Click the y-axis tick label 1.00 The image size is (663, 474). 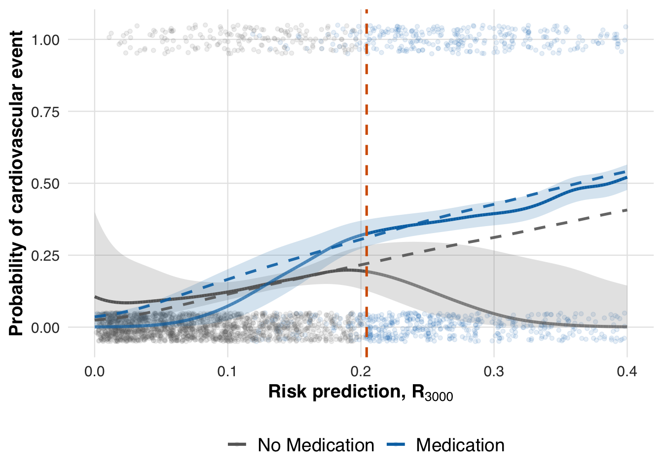point(45,40)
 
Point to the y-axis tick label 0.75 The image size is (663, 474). point(45,112)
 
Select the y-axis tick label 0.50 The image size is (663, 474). point(45,184)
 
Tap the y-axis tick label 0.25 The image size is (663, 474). point(45,256)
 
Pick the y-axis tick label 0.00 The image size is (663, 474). point(45,327)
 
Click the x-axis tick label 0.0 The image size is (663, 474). point(94,371)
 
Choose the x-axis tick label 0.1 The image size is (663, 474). point(227,371)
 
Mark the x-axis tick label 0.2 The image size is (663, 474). point(361,371)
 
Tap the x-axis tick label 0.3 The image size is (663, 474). point(494,371)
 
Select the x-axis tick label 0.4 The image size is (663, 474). point(627,371)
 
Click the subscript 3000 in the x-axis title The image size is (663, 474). point(438,396)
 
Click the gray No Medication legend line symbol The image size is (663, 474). point(237,445)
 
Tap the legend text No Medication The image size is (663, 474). point(316,445)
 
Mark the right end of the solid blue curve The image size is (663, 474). point(626,177)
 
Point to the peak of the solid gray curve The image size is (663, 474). point(345,270)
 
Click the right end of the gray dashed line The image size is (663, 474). point(626,210)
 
